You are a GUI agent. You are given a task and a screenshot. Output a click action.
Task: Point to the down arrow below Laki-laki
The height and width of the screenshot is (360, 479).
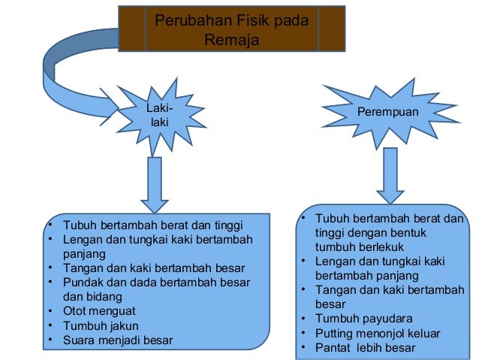point(155,184)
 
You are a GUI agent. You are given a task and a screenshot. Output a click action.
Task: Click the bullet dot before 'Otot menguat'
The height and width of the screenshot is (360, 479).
point(49,310)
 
